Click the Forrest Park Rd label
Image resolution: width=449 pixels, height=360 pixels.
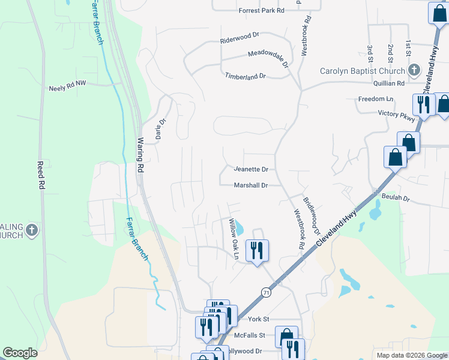coord(261,11)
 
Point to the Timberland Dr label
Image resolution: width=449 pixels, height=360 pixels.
coord(245,76)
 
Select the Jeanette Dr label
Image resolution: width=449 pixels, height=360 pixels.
coord(250,170)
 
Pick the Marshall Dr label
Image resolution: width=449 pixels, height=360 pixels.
coord(251,185)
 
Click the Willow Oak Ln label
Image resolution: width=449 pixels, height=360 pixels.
coord(234,239)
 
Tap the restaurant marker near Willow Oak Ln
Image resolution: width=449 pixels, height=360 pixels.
coord(258,251)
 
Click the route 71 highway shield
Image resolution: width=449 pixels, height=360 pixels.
coord(266,292)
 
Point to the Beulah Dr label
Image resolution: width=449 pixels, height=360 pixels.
coord(397,198)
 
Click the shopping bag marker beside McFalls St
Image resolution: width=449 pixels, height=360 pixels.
coord(286,336)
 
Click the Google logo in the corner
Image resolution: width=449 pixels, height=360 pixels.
coord(20,353)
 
